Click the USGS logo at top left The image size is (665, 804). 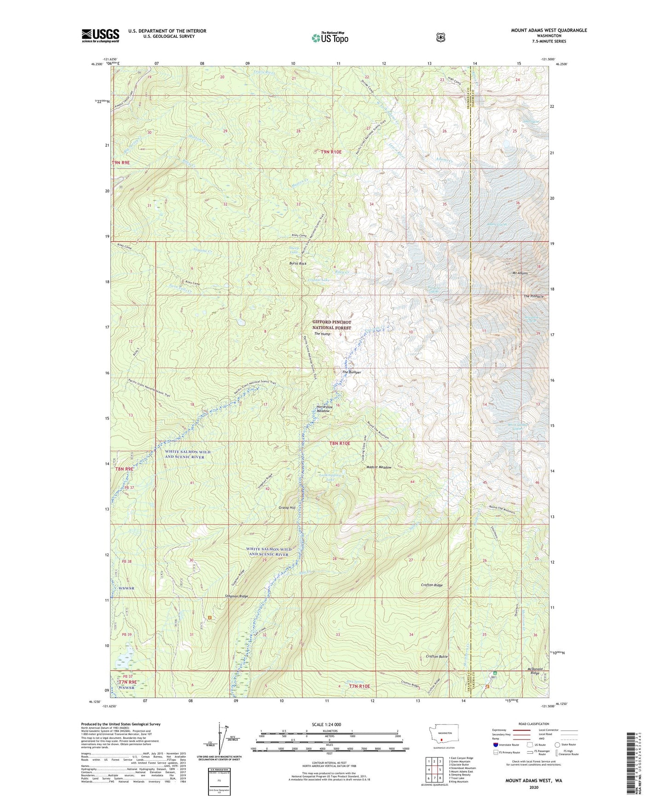[x=100, y=35]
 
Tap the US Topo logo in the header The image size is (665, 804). [x=330, y=38]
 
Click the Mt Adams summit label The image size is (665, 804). [x=520, y=273]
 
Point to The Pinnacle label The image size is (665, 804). [x=533, y=296]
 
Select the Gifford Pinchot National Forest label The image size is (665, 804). [x=331, y=325]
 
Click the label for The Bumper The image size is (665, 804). [x=351, y=372]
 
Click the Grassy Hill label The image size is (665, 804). [x=287, y=507]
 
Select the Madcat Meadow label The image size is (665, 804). [x=379, y=467]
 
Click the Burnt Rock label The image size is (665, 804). [x=298, y=263]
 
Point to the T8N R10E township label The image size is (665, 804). [x=340, y=443]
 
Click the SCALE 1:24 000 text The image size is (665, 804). [x=326, y=724]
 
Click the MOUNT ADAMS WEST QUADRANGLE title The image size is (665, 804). [x=549, y=30]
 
